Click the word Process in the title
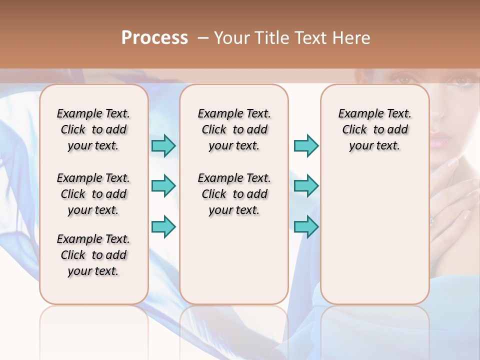click(154, 38)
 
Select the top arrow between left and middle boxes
click(163, 145)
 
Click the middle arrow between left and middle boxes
click(163, 186)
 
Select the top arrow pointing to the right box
click(306, 145)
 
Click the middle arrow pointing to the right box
click(306, 186)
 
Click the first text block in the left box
click(93, 129)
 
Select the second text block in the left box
click(93, 194)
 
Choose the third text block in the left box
click(93, 255)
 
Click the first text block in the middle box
click(234, 129)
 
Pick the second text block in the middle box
click(234, 194)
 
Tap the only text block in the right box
click(374, 129)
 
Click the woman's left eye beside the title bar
click(403, 79)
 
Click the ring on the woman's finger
click(432, 218)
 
